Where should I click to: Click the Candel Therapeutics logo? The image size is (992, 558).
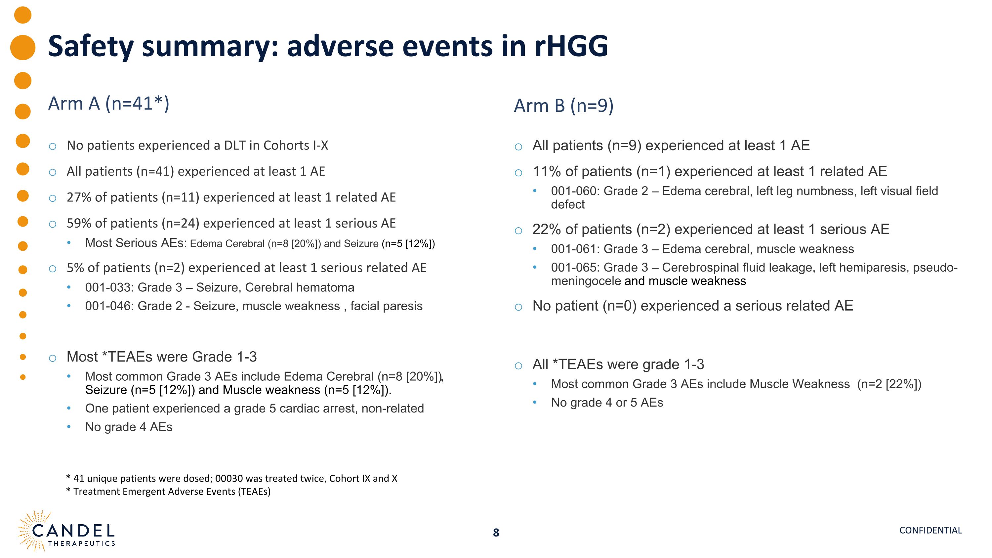tap(66, 532)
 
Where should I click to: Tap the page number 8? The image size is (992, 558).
tap(496, 533)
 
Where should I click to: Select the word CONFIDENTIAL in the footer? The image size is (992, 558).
tap(930, 530)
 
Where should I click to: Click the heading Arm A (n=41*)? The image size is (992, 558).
tap(108, 104)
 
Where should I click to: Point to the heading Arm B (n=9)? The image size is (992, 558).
tap(563, 106)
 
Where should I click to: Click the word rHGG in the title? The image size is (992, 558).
tap(571, 46)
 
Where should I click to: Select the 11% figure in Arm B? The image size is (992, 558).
tap(547, 172)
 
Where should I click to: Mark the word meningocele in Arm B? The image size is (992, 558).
tap(585, 281)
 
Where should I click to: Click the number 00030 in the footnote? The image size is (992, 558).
tap(229, 479)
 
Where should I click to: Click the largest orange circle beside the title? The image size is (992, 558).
tap(23, 47)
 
